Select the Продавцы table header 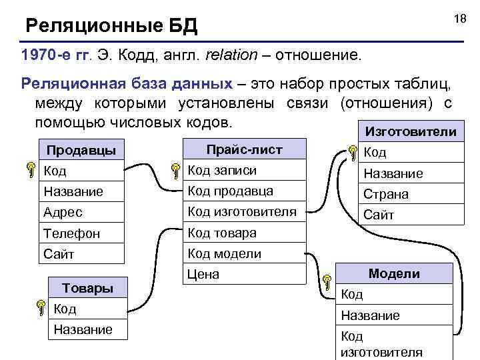[x=81, y=150]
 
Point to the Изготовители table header [x=407, y=132]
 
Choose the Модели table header [x=394, y=273]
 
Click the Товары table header [x=87, y=288]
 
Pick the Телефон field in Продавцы [x=72, y=233]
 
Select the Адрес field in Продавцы [x=63, y=213]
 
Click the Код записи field [x=222, y=171]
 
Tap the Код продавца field [x=230, y=191]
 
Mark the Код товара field [x=222, y=233]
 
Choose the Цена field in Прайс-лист [x=203, y=274]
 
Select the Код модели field [x=224, y=253]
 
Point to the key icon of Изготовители [x=353, y=154]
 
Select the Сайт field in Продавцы [x=59, y=254]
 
